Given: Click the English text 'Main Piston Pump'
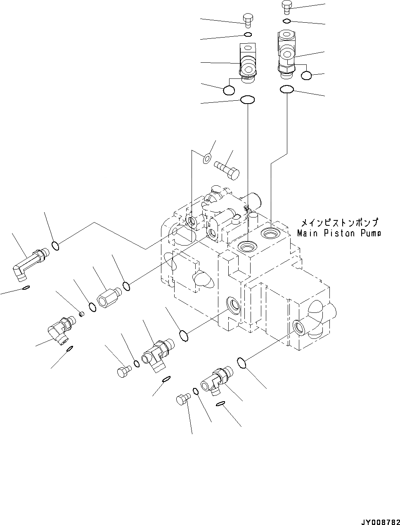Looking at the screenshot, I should click(x=338, y=233).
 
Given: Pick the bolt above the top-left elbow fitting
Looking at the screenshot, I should click(x=247, y=19).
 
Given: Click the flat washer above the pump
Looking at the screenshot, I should click(x=207, y=157).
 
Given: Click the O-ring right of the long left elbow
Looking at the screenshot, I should click(x=56, y=246).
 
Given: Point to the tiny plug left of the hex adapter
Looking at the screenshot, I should click(x=81, y=315).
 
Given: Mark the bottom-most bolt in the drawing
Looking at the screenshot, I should click(x=182, y=400).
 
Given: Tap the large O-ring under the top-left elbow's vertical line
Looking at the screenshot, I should click(x=247, y=99).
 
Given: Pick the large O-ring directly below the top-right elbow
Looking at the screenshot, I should click(x=286, y=89).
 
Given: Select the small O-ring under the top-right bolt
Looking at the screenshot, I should click(x=287, y=21).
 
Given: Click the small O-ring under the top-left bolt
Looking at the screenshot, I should click(x=247, y=34).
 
